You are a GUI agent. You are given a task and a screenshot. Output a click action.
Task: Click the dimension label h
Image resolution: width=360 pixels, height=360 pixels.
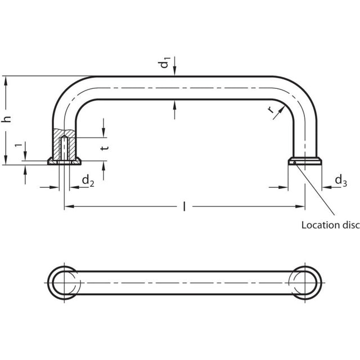pyautogui.click(x=7, y=120)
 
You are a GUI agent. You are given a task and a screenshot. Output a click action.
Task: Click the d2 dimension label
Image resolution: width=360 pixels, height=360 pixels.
pyautogui.click(x=88, y=181)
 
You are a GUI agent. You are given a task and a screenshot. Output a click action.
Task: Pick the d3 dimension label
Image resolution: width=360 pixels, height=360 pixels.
pyautogui.click(x=340, y=181)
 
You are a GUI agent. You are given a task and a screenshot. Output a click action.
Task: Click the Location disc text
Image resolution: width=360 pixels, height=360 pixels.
pyautogui.click(x=330, y=225)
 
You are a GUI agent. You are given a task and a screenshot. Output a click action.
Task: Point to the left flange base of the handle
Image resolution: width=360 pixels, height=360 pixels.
pyautogui.click(x=65, y=162)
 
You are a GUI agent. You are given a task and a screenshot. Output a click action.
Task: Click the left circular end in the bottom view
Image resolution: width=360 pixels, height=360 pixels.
pyautogui.click(x=64, y=280)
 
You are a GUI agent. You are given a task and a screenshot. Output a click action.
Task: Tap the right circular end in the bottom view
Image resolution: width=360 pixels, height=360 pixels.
pyautogui.click(x=305, y=280)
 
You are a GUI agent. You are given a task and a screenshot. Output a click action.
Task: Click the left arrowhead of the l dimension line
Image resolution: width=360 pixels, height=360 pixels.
pyautogui.click(x=68, y=207)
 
